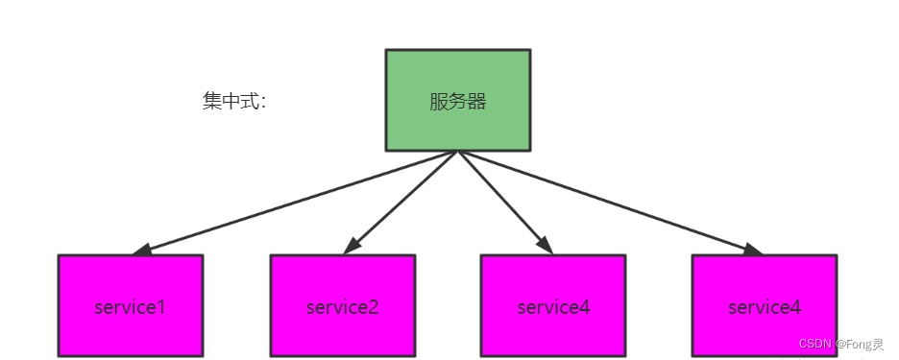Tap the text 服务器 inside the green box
coord(457,102)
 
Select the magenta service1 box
coord(131,305)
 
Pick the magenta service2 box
coord(342,305)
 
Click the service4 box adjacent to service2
coord(553,305)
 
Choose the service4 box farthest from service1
coord(765,305)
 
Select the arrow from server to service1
coord(298,202)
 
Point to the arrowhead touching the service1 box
coord(142,251)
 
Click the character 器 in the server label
coord(477,102)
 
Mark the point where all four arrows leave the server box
coord(457,152)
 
